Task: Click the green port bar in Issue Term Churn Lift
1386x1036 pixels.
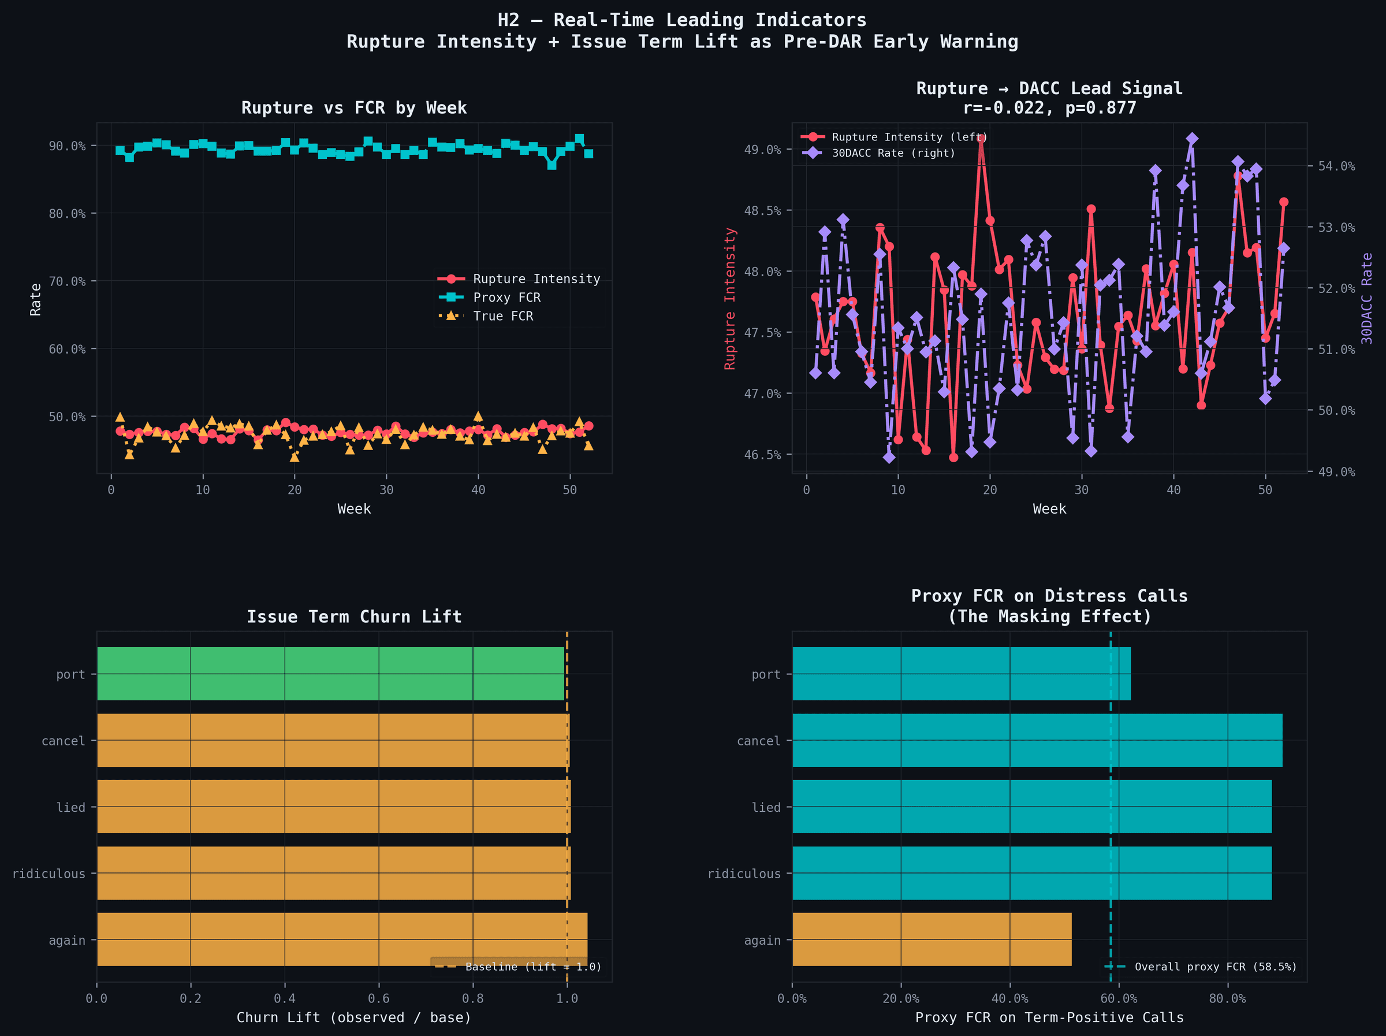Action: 330,674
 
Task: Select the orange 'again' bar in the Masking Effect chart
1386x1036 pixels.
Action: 931,939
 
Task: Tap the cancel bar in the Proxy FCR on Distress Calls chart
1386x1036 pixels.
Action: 1037,740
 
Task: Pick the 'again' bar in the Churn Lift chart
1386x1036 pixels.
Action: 341,939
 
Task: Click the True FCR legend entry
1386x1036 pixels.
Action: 502,317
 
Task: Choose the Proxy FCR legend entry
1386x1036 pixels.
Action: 506,298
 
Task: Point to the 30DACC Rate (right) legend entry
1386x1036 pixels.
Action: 893,153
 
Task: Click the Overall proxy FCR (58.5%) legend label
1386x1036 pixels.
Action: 1215,967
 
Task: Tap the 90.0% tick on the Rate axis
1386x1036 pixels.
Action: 67,146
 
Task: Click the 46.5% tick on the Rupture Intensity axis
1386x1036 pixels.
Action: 762,455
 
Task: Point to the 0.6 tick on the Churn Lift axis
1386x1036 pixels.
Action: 378,998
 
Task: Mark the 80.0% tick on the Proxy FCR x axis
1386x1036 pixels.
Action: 1227,998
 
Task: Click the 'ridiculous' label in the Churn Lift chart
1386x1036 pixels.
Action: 49,874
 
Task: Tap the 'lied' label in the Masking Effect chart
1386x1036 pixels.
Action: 766,807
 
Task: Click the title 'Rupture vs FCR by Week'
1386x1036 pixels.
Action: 354,108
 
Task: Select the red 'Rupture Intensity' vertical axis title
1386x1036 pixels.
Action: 730,298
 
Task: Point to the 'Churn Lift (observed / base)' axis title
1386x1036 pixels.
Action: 354,1017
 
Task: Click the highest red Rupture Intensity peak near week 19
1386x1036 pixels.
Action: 981,138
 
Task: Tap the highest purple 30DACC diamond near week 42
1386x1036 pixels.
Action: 1193,139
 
